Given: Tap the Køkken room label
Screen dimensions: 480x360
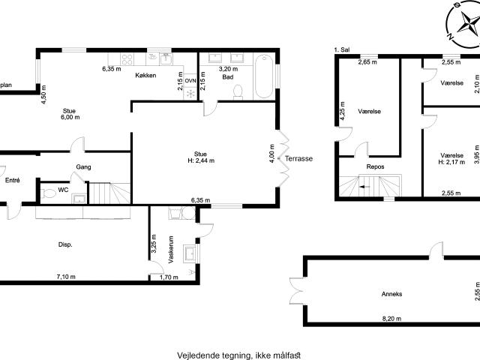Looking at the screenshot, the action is point(145,75).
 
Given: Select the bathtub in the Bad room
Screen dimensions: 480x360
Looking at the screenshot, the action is point(263,76).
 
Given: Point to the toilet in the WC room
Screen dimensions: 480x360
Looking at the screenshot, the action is point(48,193).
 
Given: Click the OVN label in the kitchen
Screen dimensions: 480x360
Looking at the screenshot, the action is point(190,81).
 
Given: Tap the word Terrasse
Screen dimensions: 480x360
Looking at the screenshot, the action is point(298,158).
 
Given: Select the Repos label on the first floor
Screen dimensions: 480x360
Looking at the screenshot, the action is point(375,166).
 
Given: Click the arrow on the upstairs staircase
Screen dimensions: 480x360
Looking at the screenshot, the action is point(365,187).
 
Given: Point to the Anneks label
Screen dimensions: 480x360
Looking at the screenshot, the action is point(391,294).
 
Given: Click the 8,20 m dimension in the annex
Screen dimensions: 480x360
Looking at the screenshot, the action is point(391,319).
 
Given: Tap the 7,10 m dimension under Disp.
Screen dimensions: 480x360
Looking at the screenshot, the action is point(66,277).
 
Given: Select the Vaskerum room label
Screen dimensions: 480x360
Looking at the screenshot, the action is point(171,250).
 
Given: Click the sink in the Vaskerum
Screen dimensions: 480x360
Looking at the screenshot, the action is point(190,253).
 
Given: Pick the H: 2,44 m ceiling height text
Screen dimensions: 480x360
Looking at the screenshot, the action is point(201,160).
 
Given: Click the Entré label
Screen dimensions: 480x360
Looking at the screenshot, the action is point(13,181).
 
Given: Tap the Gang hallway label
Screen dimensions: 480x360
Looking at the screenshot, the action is point(83,167).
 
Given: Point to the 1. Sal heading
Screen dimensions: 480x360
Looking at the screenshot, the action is point(342,50).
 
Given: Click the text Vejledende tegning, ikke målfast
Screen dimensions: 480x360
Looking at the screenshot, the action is point(239,355).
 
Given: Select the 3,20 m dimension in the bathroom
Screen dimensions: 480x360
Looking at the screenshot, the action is point(228,69).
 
